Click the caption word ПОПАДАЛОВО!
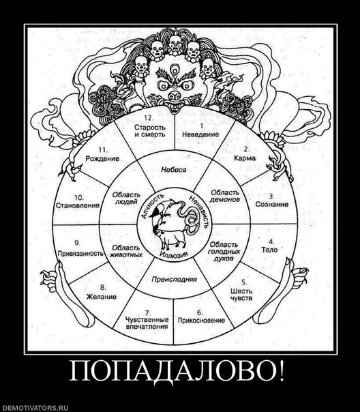(x=177, y=371)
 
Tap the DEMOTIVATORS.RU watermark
(x=34, y=408)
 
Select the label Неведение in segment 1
(x=200, y=134)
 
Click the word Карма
(x=245, y=158)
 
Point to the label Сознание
(x=272, y=204)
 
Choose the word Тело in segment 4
(x=270, y=250)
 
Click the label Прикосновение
(x=201, y=321)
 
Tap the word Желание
(x=102, y=297)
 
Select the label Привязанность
(x=80, y=253)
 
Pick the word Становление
(x=78, y=205)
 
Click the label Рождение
(x=102, y=158)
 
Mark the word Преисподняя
(x=174, y=279)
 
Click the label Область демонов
(x=225, y=196)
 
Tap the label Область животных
(x=127, y=251)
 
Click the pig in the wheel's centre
(x=171, y=238)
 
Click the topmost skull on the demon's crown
(x=175, y=44)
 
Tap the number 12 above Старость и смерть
(x=149, y=118)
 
